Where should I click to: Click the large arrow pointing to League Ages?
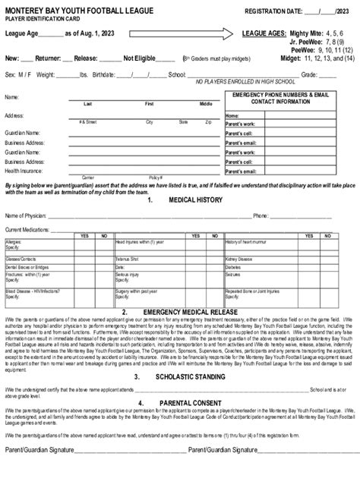[162, 33]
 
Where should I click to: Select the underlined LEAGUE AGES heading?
[264, 34]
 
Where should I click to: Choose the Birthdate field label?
[108, 75]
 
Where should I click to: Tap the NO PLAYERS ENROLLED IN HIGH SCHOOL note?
[244, 81]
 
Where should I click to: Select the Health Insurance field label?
[24, 171]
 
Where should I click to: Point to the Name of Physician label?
[26, 215]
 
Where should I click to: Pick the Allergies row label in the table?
[14, 241]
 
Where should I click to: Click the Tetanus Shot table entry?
[127, 259]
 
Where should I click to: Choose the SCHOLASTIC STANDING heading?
[190, 376]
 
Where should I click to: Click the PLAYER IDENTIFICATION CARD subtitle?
[37, 18]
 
